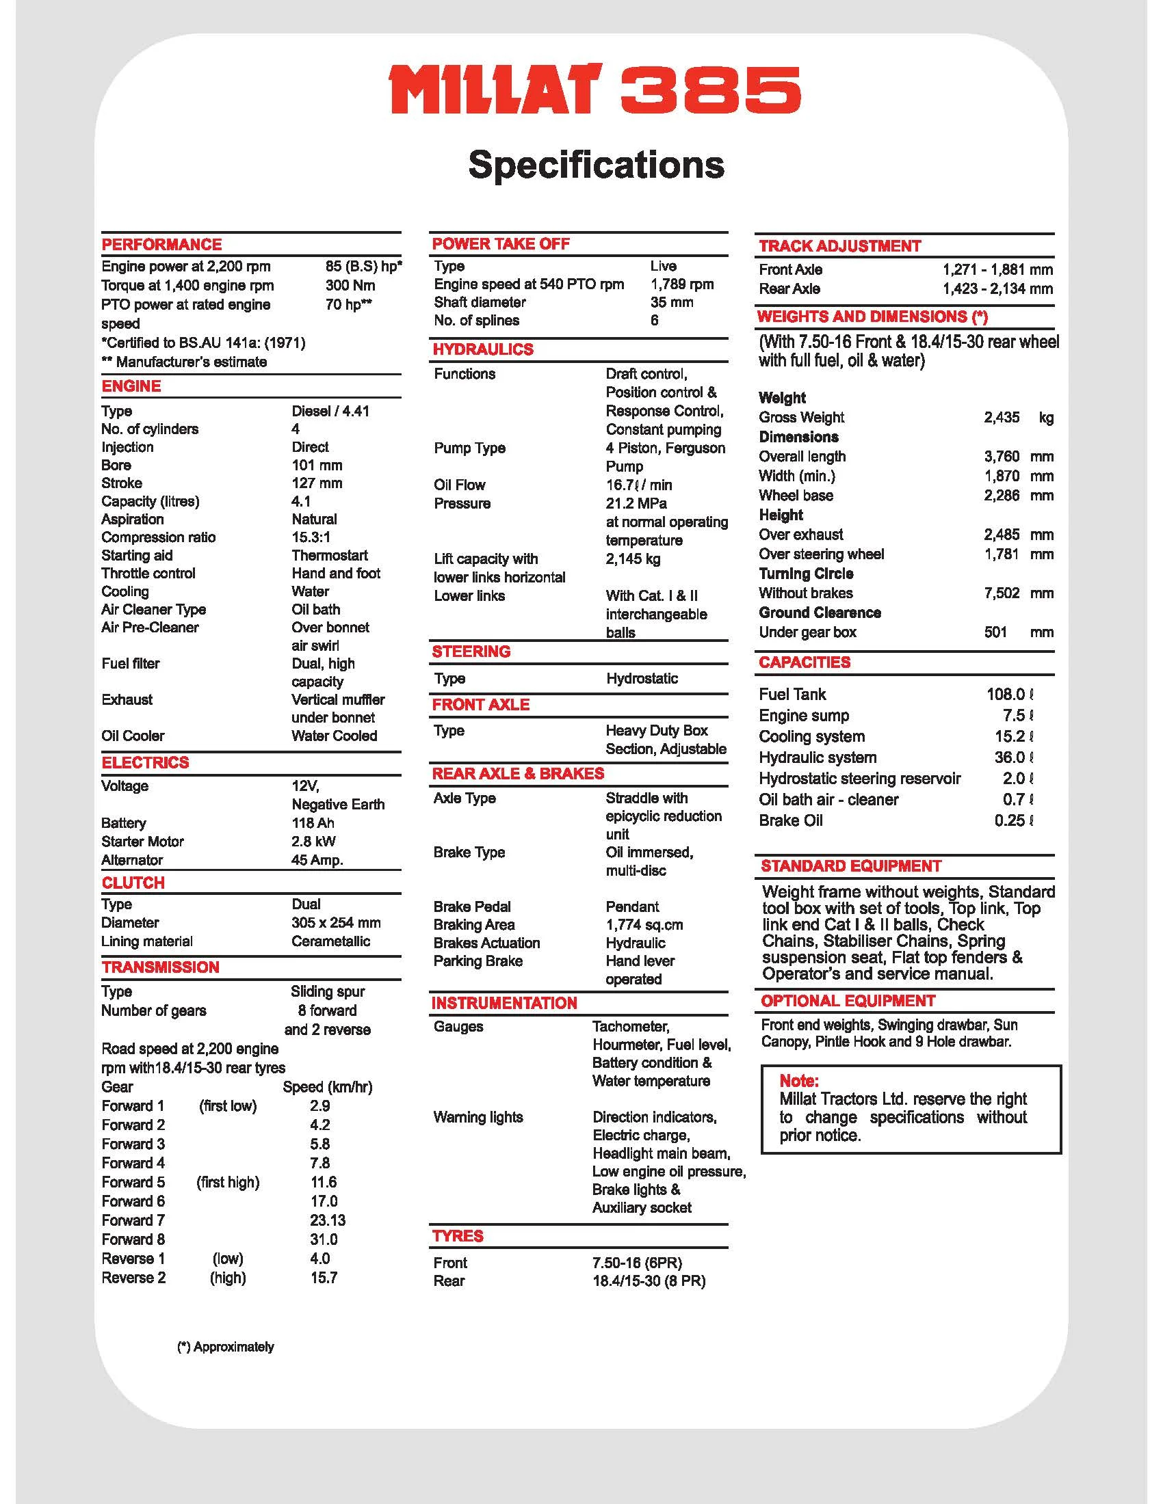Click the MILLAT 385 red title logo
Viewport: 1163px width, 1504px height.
click(x=594, y=90)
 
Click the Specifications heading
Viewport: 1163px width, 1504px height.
click(x=596, y=165)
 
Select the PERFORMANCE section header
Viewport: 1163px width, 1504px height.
click(x=162, y=245)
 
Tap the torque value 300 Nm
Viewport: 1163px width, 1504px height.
click(x=350, y=285)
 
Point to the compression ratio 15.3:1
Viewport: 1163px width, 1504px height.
click(x=311, y=537)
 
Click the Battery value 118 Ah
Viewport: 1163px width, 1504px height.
click(x=313, y=822)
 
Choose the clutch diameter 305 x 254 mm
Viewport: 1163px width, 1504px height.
click(x=335, y=922)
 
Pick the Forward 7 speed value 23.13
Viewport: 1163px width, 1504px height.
click(x=327, y=1220)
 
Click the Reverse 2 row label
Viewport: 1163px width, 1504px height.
click(x=133, y=1278)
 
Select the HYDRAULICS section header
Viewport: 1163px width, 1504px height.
click(x=482, y=349)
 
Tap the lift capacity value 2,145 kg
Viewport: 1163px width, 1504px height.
click(x=633, y=559)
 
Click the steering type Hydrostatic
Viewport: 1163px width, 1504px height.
click(x=642, y=678)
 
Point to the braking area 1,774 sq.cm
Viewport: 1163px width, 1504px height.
click(x=644, y=924)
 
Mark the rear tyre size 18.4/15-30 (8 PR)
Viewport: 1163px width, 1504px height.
click(x=649, y=1281)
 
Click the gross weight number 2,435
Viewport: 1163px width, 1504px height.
click(x=1001, y=417)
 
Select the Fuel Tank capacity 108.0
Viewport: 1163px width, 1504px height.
click(x=1005, y=694)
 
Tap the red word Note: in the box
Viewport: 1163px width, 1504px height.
click(x=798, y=1080)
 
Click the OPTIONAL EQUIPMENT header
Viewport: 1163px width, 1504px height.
click(x=848, y=1001)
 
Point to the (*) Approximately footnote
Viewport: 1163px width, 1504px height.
click(x=225, y=1346)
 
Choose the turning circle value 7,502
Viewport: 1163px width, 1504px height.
click(x=1001, y=593)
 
